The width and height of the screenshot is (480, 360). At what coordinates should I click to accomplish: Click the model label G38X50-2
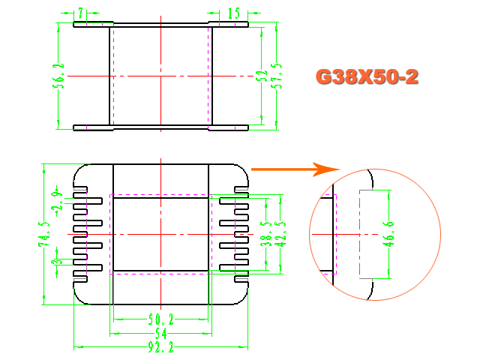367,76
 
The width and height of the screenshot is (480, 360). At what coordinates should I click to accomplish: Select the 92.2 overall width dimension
160,348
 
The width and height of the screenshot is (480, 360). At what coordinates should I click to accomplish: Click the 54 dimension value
160,333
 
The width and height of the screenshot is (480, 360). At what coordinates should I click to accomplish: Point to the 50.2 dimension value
160,320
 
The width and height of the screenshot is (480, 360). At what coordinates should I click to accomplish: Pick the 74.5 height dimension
46,234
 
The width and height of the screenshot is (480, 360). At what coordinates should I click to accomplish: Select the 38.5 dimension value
265,234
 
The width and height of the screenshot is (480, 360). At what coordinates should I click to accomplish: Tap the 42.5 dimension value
280,234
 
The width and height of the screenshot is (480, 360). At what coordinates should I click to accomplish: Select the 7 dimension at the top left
80,13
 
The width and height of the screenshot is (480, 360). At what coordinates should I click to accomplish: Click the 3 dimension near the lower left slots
54,262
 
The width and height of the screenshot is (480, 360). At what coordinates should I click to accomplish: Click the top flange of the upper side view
160,24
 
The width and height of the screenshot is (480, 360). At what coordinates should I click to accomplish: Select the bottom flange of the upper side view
160,127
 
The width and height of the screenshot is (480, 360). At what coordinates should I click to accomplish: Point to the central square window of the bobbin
160,234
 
